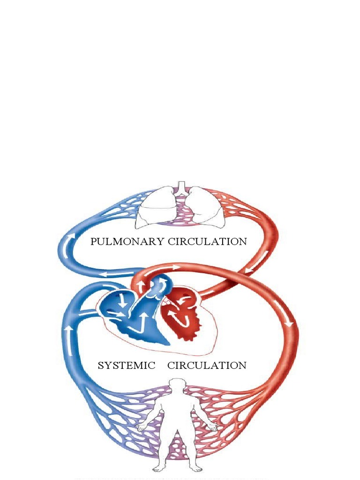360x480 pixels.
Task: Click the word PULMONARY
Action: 127,242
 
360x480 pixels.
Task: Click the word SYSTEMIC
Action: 126,366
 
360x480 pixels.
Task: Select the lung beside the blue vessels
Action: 157,208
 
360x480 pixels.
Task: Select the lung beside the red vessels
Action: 205,208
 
